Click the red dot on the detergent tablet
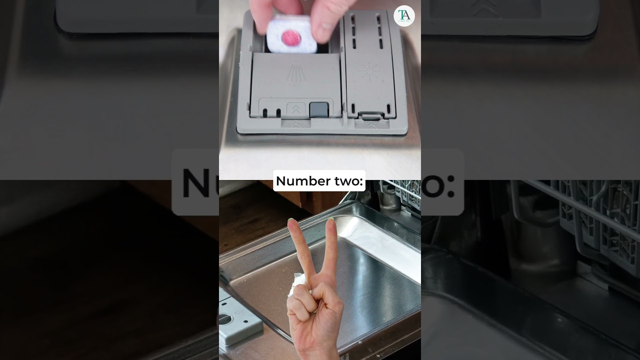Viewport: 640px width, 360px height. [x=291, y=37]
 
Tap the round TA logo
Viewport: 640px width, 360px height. [x=404, y=16]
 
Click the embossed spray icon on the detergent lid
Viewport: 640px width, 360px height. [x=296, y=73]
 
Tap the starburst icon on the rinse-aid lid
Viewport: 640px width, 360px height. [x=369, y=71]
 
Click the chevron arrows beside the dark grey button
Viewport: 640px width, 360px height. [x=296, y=109]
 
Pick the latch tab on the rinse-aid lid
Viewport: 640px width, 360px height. [x=371, y=115]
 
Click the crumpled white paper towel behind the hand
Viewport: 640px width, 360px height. [x=296, y=283]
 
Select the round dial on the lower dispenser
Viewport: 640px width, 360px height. [x=225, y=318]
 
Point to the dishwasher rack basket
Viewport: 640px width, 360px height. [x=405, y=194]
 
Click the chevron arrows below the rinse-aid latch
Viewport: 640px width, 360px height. [x=371, y=125]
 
